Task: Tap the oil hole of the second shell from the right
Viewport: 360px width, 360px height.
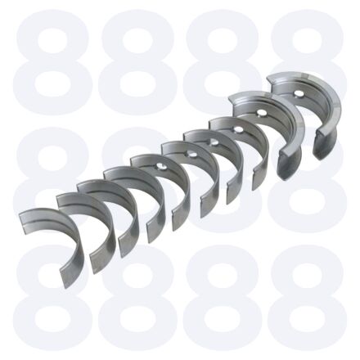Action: pyautogui.click(x=262, y=112)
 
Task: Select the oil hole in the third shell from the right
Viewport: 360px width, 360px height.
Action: pyautogui.click(x=238, y=129)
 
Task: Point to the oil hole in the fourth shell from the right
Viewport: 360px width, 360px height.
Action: pyautogui.click(x=214, y=142)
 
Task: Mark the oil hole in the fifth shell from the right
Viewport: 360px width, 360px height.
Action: pyautogui.click(x=191, y=155)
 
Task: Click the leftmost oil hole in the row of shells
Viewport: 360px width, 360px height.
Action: pyautogui.click(x=162, y=167)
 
